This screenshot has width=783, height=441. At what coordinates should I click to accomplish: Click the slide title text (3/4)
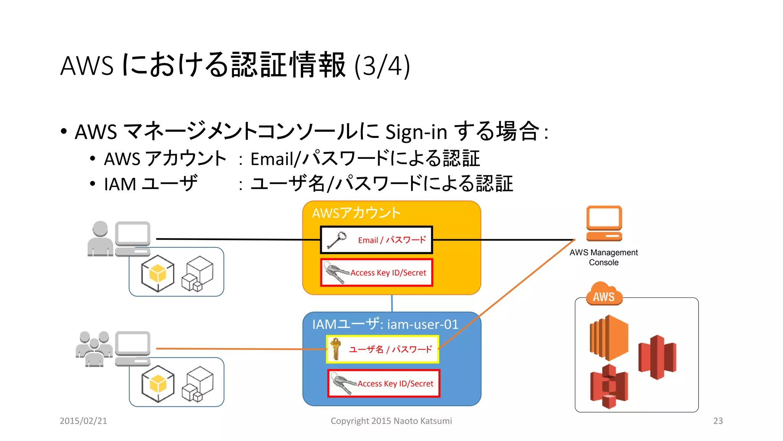(235, 65)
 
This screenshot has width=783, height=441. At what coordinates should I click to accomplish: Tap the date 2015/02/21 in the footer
(83, 421)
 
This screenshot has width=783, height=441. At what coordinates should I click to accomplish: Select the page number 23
(718, 421)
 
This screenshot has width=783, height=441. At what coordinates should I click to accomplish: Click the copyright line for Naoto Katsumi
(391, 421)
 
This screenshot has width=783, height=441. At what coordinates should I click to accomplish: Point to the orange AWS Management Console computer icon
(604, 223)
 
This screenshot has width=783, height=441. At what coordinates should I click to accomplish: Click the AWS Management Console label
(603, 257)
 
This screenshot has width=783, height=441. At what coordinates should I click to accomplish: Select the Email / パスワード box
(377, 240)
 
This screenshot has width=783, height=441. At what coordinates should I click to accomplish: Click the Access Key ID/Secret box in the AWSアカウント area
(377, 273)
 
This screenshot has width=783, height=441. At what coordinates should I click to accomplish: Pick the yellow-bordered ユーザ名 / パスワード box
(382, 349)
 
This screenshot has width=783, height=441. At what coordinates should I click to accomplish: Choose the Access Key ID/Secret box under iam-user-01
(384, 383)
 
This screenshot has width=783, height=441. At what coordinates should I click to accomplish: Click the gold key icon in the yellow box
(335, 348)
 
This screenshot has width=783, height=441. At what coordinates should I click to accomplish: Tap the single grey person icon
(100, 238)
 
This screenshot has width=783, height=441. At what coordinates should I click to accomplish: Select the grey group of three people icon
(94, 349)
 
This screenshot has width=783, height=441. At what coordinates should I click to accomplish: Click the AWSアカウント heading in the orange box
(356, 213)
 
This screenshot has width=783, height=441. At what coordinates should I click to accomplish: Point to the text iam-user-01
(422, 324)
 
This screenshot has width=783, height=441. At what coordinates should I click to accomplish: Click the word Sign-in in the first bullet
(416, 132)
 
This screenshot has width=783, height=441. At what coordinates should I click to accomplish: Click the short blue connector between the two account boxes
(392, 303)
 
